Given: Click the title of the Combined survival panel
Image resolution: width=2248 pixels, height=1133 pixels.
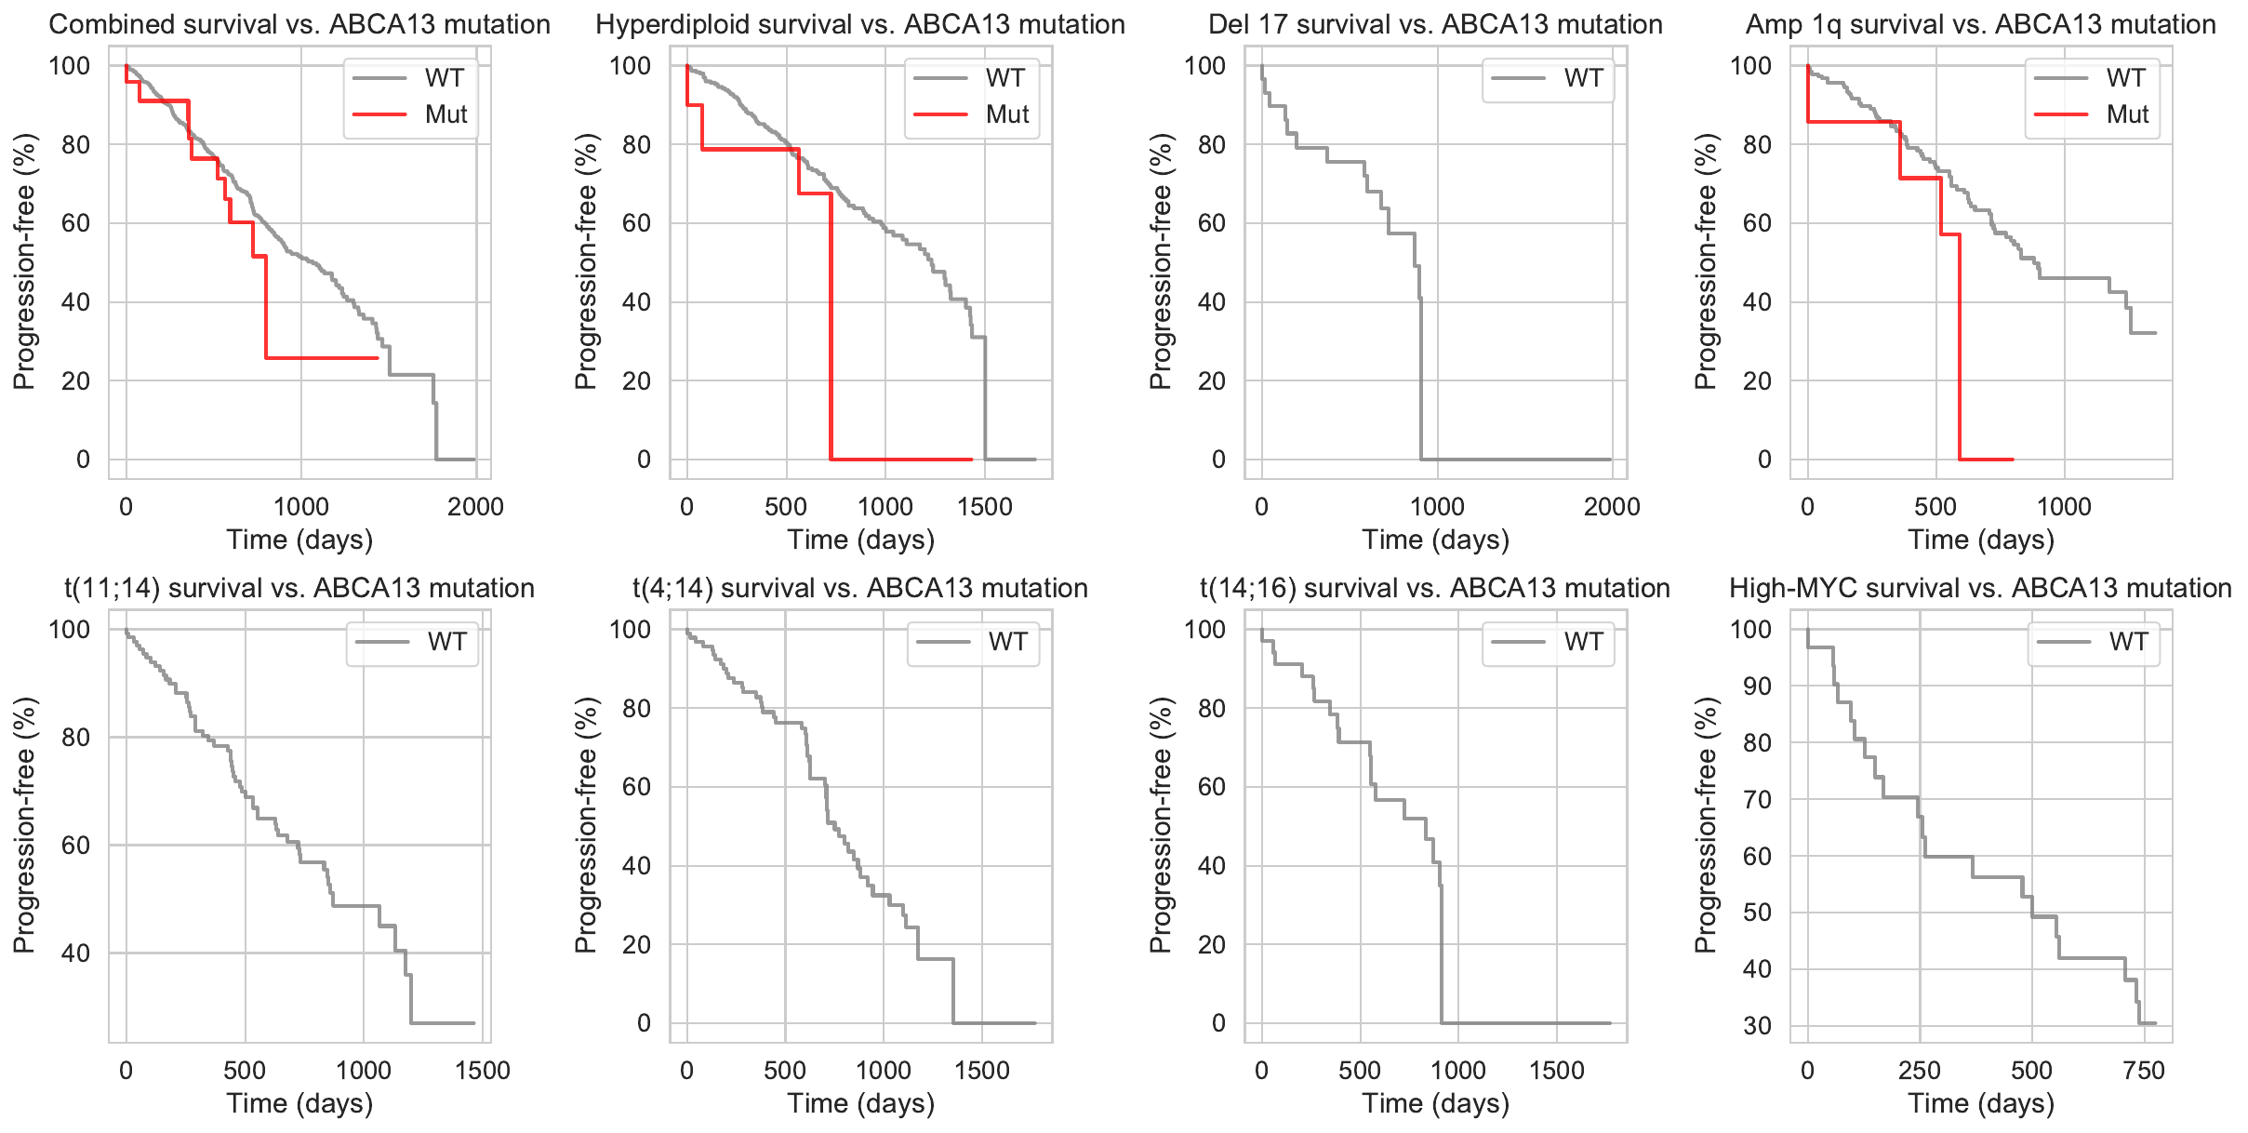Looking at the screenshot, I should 299,24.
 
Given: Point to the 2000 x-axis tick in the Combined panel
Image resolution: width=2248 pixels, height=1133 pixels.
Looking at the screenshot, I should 475,507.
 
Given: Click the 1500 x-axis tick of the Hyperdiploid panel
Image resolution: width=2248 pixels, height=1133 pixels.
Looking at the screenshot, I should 984,507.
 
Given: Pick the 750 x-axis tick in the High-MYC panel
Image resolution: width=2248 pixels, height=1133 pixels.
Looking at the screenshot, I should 2144,1071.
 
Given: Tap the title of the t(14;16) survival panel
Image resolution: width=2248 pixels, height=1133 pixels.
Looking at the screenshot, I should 1435,588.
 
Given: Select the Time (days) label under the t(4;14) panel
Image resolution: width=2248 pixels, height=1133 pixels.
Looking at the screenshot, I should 860,1103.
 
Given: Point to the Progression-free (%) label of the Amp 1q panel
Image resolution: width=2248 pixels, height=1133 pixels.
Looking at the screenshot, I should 1705,261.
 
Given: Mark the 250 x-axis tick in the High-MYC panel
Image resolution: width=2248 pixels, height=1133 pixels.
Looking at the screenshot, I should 1919,1071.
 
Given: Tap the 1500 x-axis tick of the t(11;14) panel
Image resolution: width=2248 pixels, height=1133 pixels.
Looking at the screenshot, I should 483,1071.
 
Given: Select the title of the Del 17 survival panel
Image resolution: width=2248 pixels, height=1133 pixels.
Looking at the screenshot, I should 1435,24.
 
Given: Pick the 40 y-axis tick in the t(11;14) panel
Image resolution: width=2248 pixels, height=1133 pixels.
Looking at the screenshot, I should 69,953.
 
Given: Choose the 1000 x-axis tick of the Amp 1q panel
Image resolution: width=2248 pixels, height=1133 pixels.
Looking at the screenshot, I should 2064,507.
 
